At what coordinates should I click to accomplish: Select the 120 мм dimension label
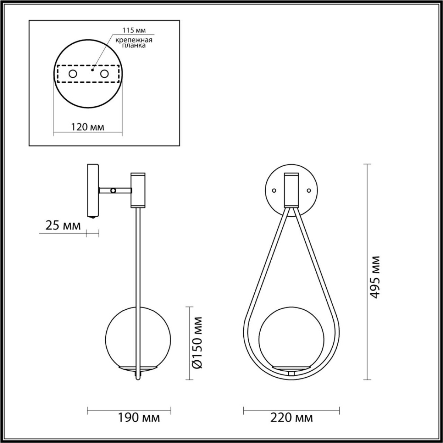tap(87, 127)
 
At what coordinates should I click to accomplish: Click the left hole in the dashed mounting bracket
tap(73, 74)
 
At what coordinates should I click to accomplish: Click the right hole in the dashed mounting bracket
tap(104, 74)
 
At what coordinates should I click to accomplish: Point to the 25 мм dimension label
tap(63, 226)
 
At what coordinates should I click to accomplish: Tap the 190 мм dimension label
tap(139, 418)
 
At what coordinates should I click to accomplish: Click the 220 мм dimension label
tap(292, 418)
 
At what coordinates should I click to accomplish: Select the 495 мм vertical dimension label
tap(375, 277)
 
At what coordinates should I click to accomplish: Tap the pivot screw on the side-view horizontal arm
tap(113, 190)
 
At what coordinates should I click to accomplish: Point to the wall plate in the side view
tap(92, 190)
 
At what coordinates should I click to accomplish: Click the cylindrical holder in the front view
tap(291, 189)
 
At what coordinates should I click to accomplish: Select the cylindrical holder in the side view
tap(138, 189)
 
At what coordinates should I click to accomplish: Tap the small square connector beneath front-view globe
tap(291, 374)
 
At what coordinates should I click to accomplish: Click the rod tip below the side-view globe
tap(138, 377)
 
